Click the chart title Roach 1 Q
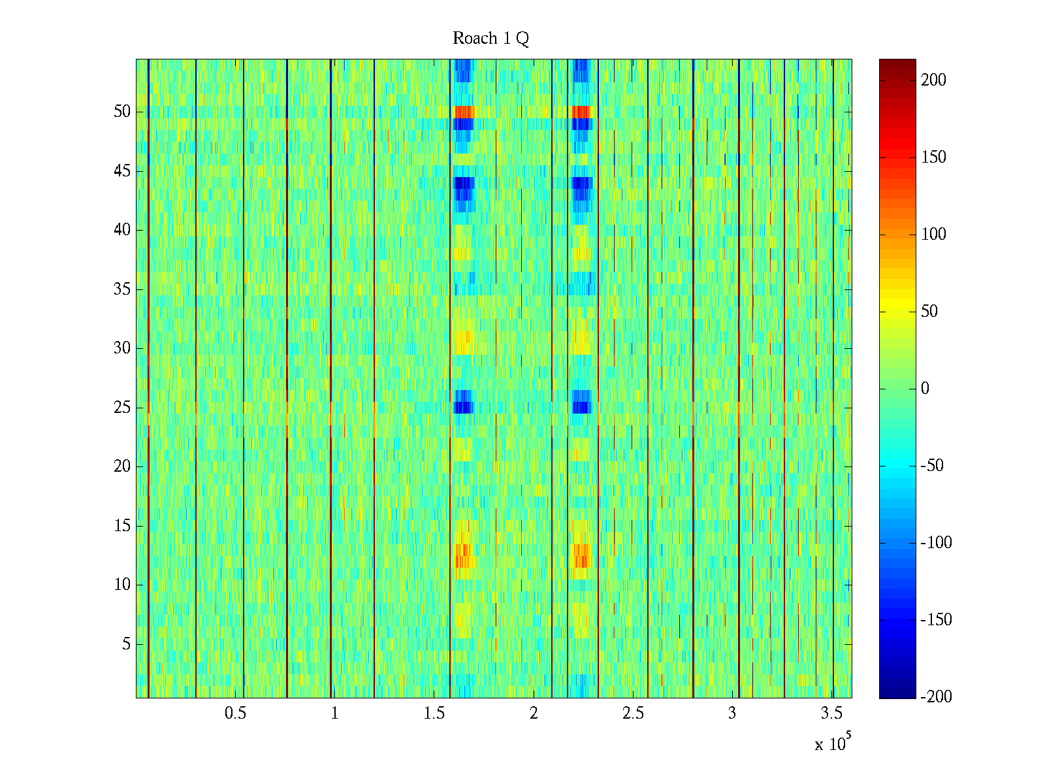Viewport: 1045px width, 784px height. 490,39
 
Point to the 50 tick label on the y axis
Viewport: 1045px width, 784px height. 122,112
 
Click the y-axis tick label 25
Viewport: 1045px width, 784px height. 122,408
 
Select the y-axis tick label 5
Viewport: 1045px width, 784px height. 126,644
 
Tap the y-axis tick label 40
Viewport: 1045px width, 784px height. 122,230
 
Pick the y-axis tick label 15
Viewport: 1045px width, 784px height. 122,526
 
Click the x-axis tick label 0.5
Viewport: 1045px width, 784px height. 235,713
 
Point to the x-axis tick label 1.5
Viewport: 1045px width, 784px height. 434,713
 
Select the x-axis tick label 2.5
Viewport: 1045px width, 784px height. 633,713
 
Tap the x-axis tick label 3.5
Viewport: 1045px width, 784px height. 831,713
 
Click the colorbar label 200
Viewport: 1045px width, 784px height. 933,80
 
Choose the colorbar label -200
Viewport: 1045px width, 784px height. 936,697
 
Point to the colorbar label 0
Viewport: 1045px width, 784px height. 925,389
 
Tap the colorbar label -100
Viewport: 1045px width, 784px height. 936,543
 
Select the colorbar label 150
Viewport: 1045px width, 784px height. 933,157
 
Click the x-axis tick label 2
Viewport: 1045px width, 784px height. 534,713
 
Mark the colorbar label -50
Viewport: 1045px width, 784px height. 933,466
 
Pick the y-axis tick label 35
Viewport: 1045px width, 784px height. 122,289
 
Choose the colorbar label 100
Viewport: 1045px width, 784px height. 933,235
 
